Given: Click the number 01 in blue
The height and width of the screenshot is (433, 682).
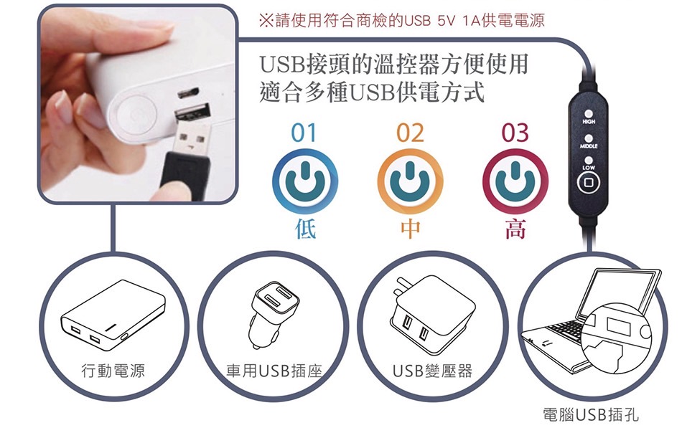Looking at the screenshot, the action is (x=304, y=133).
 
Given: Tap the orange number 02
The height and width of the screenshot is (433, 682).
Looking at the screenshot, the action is (x=410, y=133).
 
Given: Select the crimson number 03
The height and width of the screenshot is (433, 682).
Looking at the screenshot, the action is (x=515, y=133).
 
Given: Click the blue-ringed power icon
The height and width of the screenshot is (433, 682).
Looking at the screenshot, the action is (x=305, y=181).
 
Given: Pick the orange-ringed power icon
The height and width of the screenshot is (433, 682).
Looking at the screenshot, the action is (x=410, y=181).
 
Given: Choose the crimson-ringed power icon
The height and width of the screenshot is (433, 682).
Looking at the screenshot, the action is (x=515, y=181).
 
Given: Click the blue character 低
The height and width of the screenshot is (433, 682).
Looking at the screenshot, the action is (x=305, y=229).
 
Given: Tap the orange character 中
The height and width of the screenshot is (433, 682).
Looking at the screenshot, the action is (x=410, y=229).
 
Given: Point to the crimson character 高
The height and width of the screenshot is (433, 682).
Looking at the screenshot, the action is (x=515, y=229).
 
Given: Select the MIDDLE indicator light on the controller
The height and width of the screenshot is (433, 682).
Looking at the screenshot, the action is (x=589, y=138).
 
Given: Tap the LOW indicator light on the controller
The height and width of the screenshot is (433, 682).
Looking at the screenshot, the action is (x=589, y=161).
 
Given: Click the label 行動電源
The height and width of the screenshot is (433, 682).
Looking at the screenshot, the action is (x=113, y=371).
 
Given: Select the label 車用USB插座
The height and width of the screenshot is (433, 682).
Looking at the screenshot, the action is (x=274, y=371).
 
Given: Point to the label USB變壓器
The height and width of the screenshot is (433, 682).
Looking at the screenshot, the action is (x=432, y=371).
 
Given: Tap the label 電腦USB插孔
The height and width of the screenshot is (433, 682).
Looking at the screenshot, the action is (x=591, y=414).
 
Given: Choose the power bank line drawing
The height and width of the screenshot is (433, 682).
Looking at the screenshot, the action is (x=113, y=315).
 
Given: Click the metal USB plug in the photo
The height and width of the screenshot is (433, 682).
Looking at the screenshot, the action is (x=194, y=135).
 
